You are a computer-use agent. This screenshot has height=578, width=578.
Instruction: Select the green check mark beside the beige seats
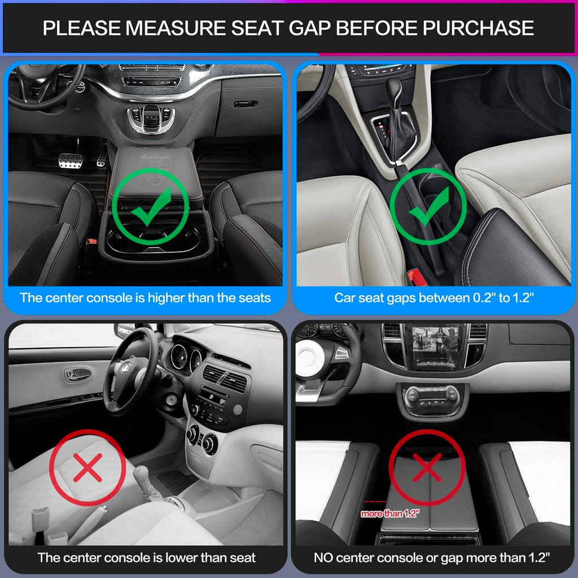click(428, 205)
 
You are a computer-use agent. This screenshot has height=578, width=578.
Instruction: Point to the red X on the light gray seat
click(87, 468)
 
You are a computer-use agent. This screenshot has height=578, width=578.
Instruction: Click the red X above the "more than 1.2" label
click(427, 468)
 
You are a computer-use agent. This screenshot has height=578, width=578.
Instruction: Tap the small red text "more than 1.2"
click(389, 514)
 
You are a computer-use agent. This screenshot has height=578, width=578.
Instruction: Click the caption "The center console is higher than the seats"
click(146, 297)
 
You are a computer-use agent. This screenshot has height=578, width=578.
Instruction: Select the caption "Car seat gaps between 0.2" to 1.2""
click(433, 297)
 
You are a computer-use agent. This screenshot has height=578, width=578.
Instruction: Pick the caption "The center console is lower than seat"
click(146, 558)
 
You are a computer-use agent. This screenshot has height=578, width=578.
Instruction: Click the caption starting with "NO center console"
click(432, 558)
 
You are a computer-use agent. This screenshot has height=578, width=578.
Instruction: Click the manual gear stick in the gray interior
click(143, 480)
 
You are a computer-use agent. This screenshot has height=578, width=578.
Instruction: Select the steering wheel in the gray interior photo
click(129, 372)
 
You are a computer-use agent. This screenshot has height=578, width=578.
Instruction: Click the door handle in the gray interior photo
click(77, 374)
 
